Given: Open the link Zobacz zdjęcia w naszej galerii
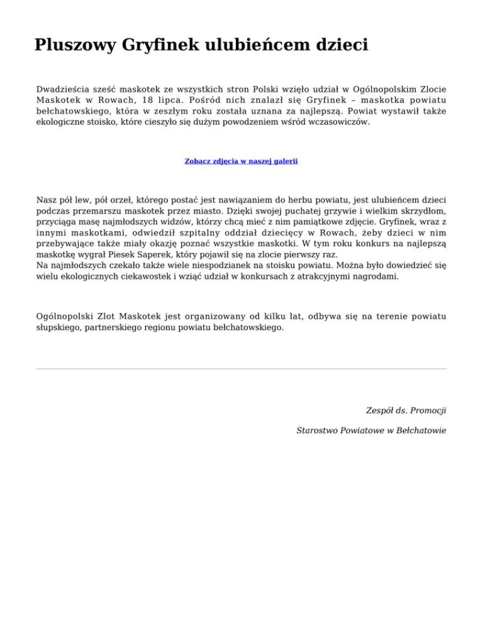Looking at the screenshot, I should [x=241, y=161].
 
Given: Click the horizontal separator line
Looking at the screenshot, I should [x=241, y=368].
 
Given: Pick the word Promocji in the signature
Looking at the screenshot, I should [x=427, y=410].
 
